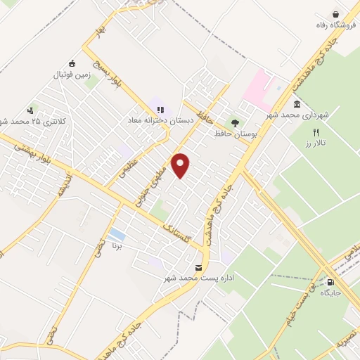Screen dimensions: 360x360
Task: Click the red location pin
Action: pyautogui.click(x=181, y=165)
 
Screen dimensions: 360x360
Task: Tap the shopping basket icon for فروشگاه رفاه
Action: pyautogui.click(x=336, y=14)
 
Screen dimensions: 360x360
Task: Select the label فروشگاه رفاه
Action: pyautogui.click(x=333, y=25)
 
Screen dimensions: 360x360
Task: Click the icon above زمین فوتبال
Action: pyautogui.click(x=71, y=62)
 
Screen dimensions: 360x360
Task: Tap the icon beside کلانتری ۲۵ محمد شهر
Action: pyautogui.click(x=30, y=110)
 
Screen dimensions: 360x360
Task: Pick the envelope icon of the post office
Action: pyautogui.click(x=198, y=268)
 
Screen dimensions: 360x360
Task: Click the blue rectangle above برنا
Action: pyautogui.click(x=118, y=234)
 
